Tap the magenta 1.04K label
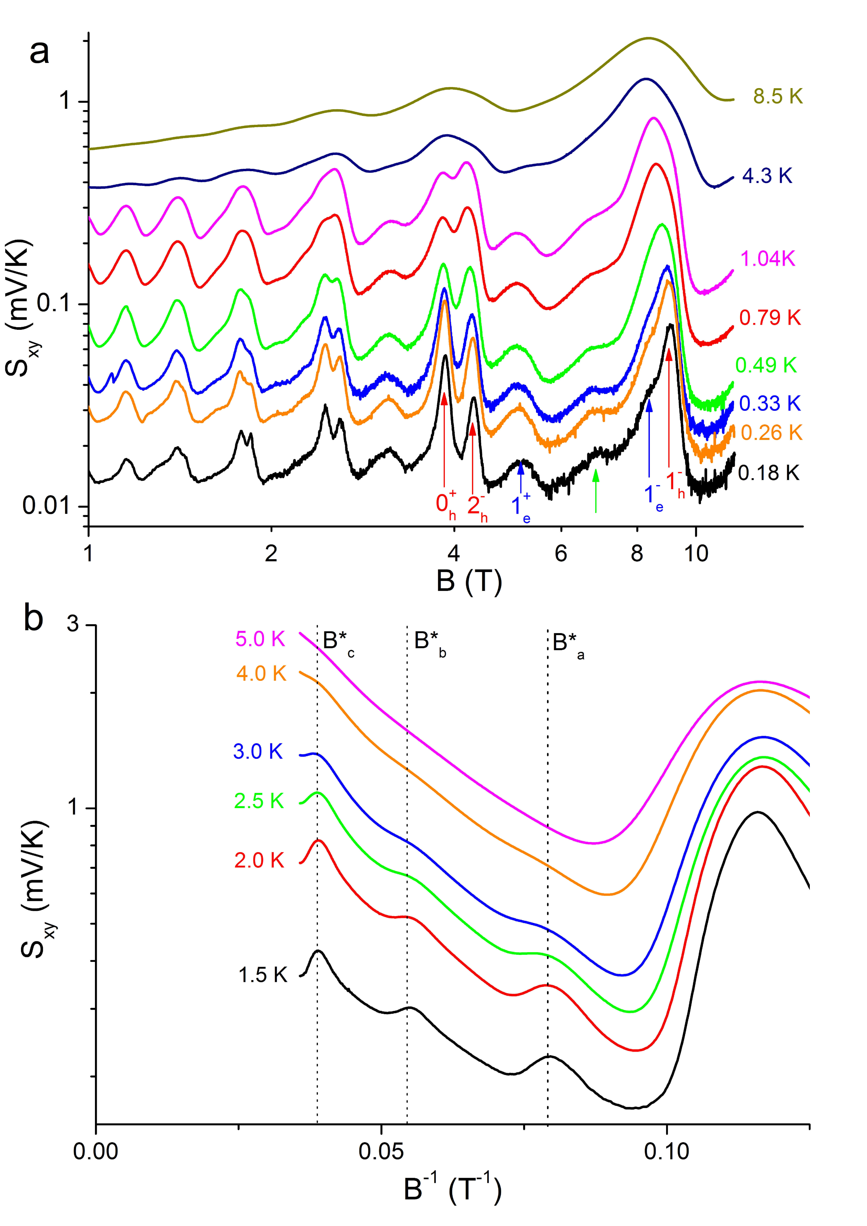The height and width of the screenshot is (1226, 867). click(768, 259)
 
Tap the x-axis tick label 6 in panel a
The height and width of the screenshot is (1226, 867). click(560, 554)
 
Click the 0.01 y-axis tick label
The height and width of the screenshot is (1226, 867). click(47, 505)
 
